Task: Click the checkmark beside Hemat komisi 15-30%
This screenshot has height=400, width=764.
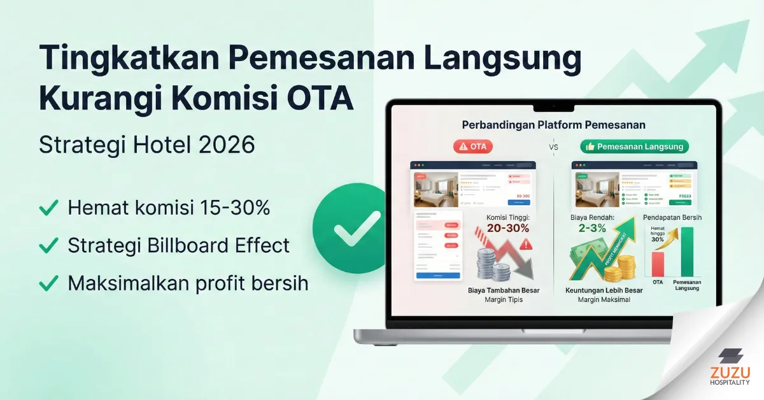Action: (46, 208)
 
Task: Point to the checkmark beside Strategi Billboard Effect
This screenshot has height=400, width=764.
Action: (46, 245)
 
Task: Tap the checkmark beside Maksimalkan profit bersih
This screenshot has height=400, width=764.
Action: (46, 283)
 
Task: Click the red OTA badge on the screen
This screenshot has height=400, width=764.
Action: (472, 146)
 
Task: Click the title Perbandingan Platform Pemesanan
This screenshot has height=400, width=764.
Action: (554, 125)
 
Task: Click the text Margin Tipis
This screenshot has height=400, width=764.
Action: (503, 299)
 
